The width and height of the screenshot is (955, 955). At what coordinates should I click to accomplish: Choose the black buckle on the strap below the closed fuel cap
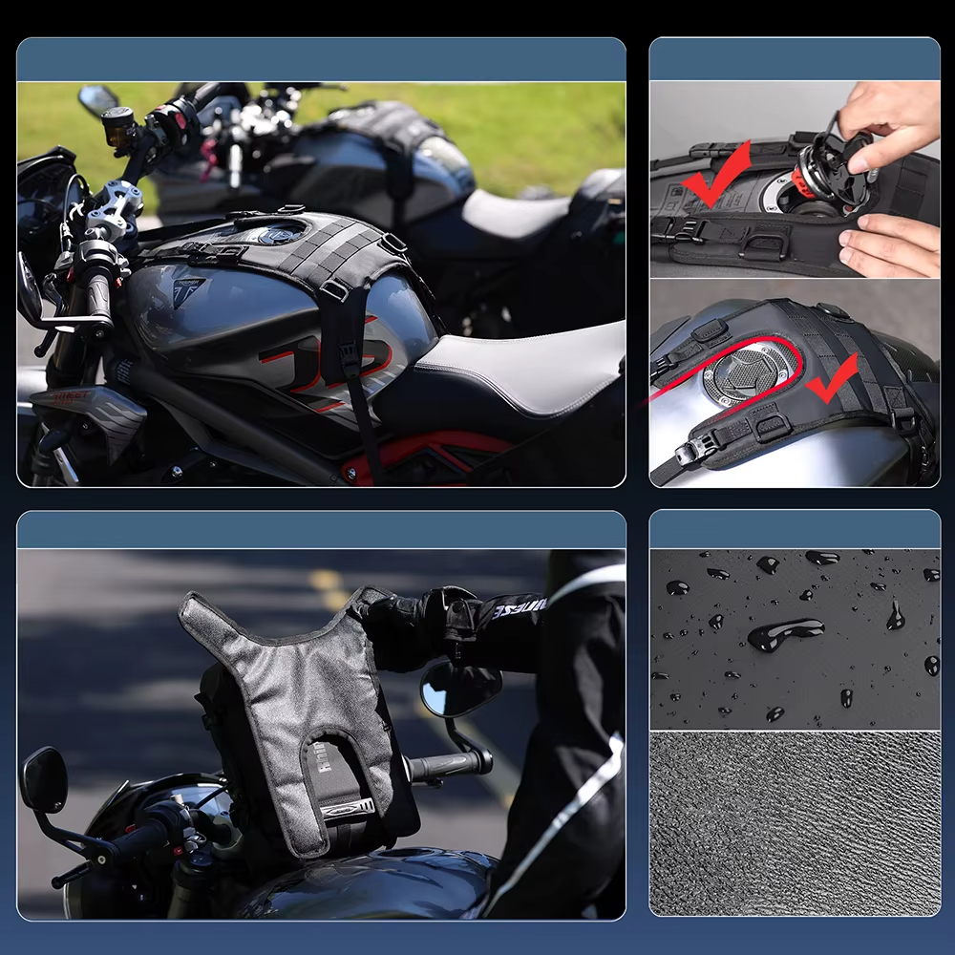pos(689,455)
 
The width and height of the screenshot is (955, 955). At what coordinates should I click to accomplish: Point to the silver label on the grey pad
pos(346,810)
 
